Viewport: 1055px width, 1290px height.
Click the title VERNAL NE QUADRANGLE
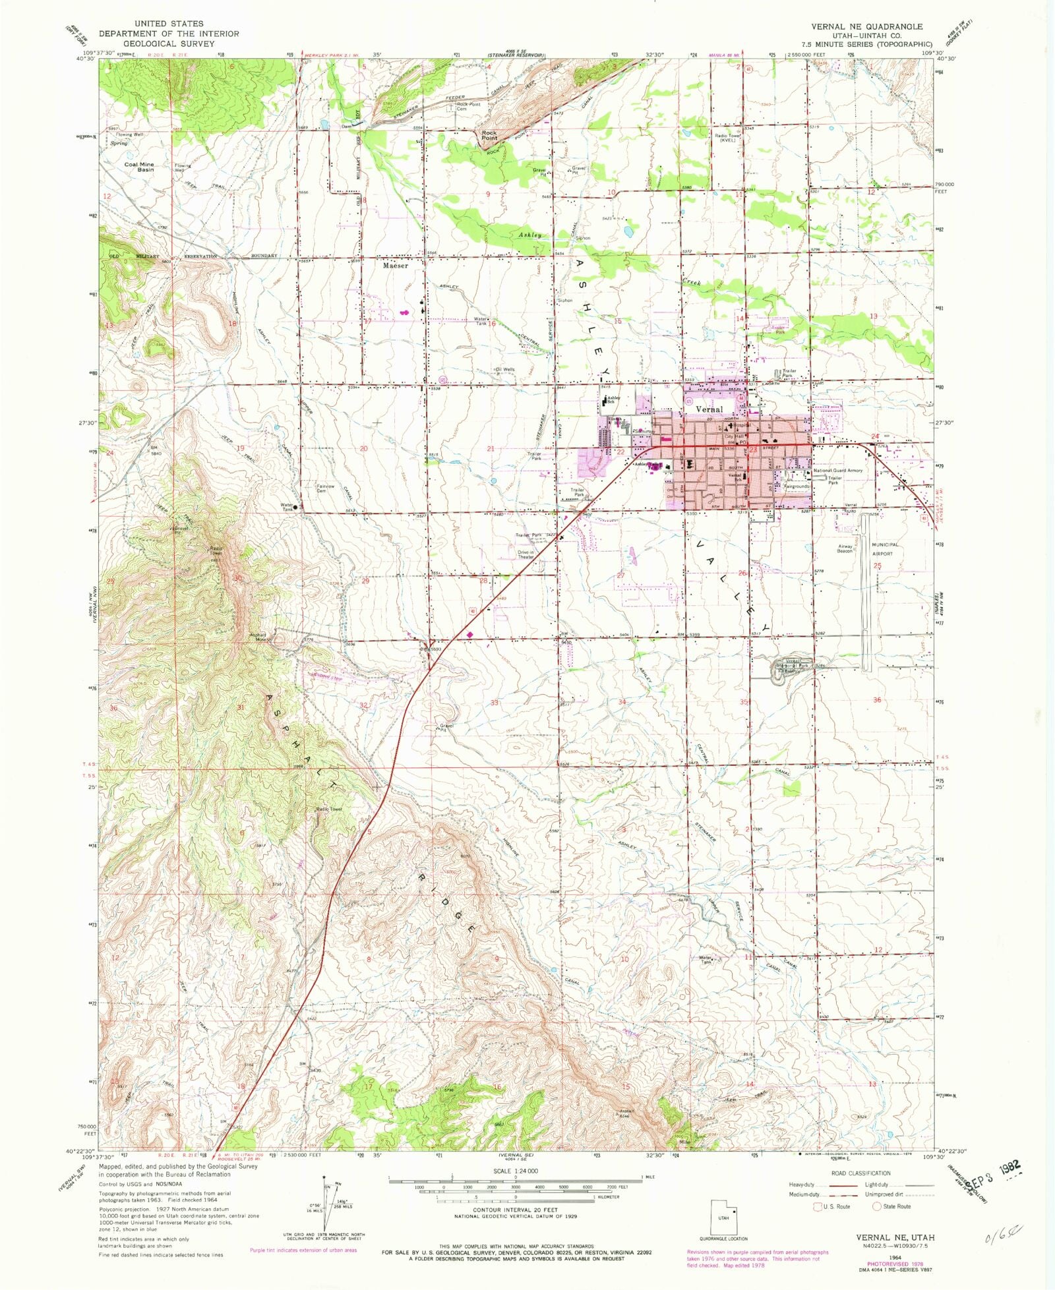point(866,26)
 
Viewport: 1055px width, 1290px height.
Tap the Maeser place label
point(396,266)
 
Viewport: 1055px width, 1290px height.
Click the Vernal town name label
point(709,409)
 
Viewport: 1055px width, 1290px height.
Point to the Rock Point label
point(489,135)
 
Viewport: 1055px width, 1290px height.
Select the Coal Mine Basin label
point(139,167)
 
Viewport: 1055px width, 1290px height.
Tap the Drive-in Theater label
point(526,554)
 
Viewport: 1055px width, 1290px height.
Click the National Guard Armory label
point(837,471)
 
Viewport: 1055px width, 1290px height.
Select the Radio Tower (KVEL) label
point(728,138)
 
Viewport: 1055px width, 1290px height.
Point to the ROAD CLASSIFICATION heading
point(860,1173)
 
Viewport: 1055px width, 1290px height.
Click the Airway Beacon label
point(845,548)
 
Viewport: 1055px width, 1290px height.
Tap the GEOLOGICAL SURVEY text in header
point(169,44)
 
